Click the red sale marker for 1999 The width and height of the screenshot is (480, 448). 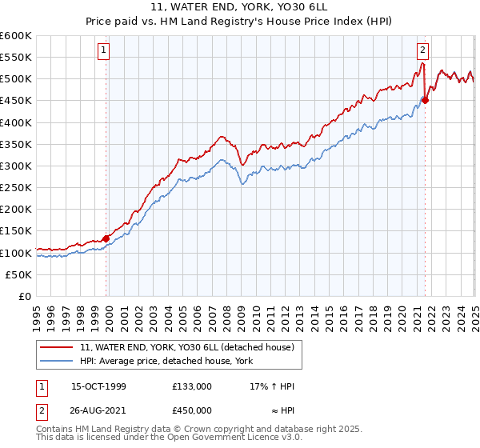click(106, 238)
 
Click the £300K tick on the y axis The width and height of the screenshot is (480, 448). click(16, 166)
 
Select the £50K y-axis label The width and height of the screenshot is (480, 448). click(19, 274)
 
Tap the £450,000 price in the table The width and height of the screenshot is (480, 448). click(191, 410)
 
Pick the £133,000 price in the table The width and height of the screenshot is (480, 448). click(191, 386)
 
